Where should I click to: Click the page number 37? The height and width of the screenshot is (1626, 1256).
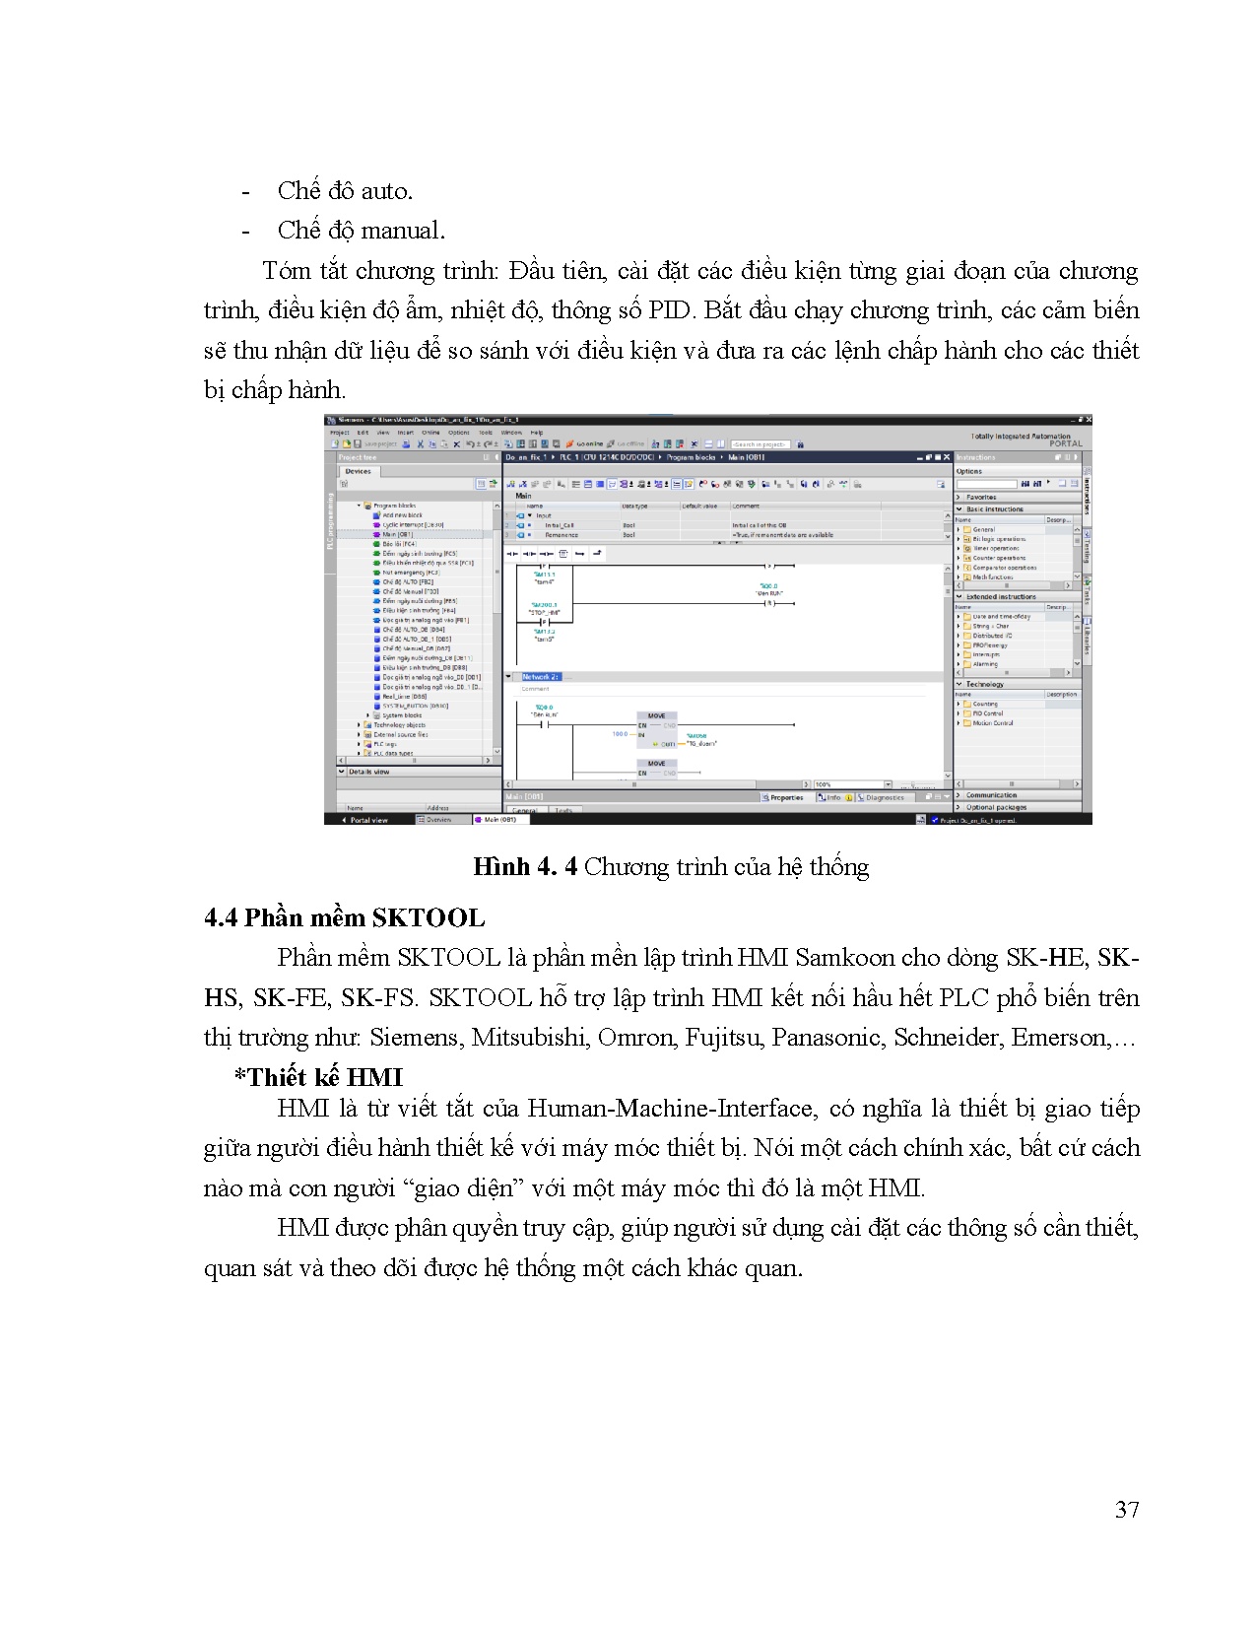click(x=1127, y=1509)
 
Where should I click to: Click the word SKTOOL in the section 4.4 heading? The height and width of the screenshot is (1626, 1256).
click(x=429, y=918)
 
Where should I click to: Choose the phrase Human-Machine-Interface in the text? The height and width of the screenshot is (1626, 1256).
click(x=671, y=1109)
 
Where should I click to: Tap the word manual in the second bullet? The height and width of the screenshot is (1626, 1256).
click(x=402, y=231)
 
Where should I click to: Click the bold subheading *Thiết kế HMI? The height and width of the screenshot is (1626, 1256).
click(x=318, y=1077)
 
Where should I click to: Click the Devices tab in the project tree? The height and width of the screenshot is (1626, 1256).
click(x=358, y=471)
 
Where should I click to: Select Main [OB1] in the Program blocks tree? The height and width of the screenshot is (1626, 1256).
click(x=398, y=534)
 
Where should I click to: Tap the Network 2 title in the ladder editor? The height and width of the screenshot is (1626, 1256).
click(x=540, y=677)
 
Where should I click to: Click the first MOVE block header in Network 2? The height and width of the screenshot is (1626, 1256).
click(x=656, y=716)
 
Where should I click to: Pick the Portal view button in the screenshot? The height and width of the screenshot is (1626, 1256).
click(x=366, y=820)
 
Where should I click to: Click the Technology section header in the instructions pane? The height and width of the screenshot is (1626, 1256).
click(x=985, y=684)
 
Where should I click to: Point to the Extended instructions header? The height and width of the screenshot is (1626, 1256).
click(x=1001, y=597)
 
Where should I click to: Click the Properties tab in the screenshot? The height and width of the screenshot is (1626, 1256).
click(x=785, y=797)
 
